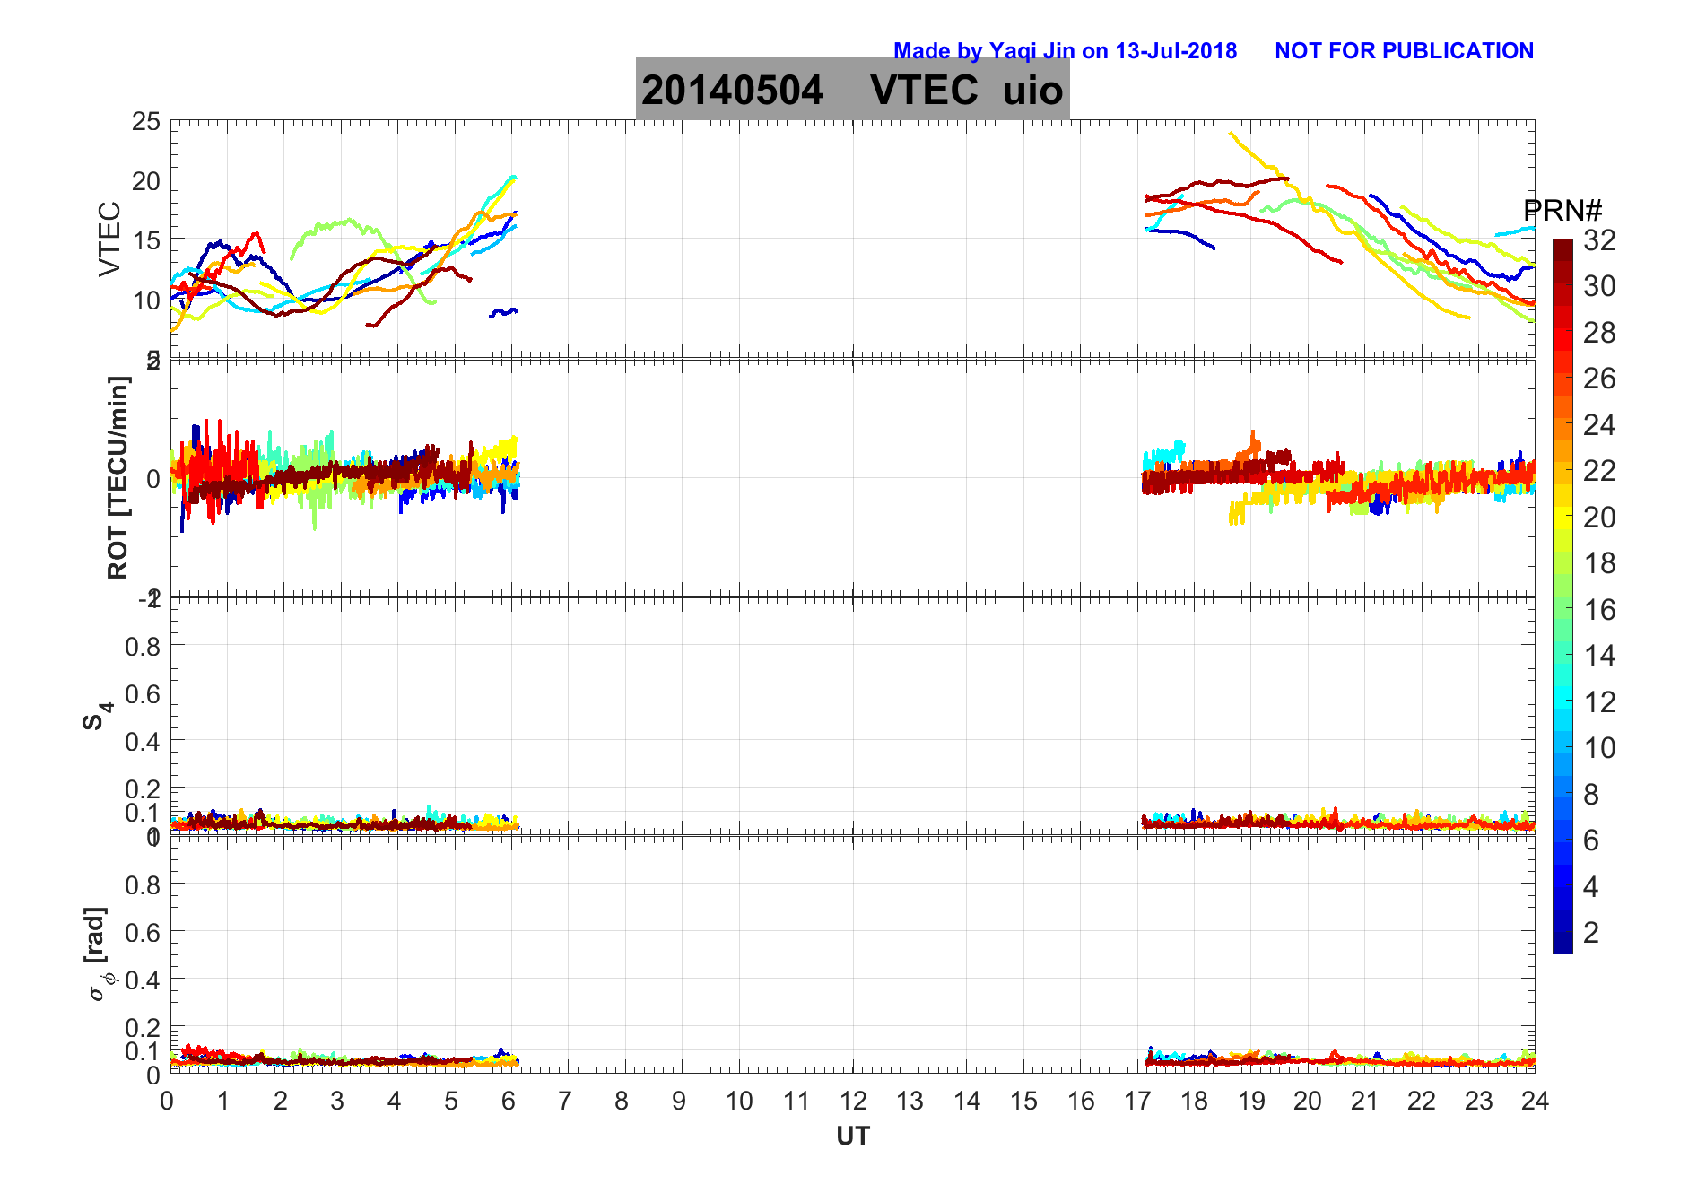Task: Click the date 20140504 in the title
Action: (732, 90)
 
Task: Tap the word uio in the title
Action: (1032, 90)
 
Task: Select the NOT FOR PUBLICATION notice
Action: (1404, 51)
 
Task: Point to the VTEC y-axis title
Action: (109, 239)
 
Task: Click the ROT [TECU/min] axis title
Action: (118, 477)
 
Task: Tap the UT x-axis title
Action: (852, 1136)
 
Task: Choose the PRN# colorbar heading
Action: (1562, 211)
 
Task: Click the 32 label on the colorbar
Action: (1599, 239)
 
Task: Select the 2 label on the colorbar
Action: (1591, 933)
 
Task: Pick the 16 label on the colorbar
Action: (1599, 610)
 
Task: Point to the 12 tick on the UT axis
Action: (853, 1101)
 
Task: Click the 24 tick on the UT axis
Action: (1535, 1101)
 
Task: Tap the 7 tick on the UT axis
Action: (564, 1101)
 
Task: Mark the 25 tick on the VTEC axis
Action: (146, 121)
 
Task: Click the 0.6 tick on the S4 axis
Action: (143, 693)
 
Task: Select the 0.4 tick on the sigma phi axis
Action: (143, 980)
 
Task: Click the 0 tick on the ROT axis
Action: (153, 478)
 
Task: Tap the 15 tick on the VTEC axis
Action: (146, 240)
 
